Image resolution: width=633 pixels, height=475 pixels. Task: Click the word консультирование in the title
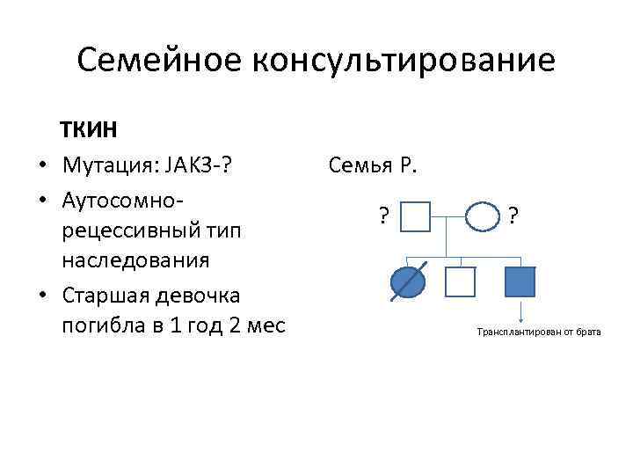coord(404,61)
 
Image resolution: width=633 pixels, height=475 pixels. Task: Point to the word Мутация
coord(104,164)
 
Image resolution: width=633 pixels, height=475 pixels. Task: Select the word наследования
coord(135,261)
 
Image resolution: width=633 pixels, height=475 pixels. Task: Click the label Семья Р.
coord(374,164)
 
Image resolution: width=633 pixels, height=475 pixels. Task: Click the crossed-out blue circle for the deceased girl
coord(407,281)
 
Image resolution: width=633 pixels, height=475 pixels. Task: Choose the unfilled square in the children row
coord(460,281)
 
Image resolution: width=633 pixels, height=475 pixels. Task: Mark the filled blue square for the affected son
coord(520,281)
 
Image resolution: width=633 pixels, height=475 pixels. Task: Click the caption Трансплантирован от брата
coord(539,333)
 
